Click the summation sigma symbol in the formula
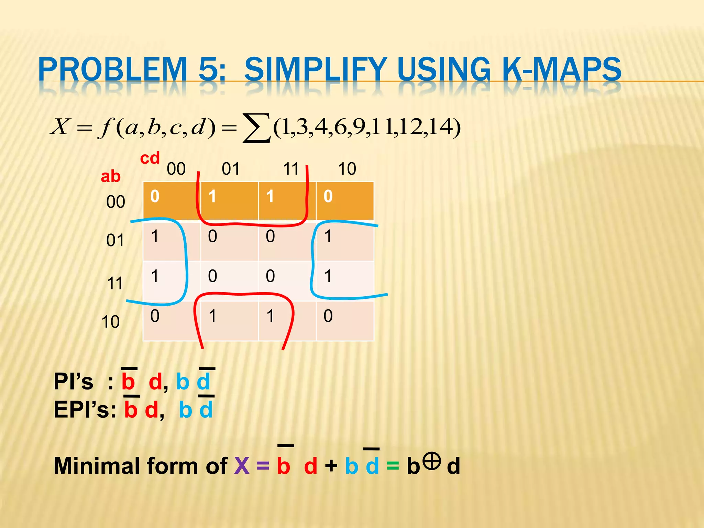tap(256, 128)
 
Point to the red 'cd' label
tap(150, 158)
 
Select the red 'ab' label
tap(110, 176)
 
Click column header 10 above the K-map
tap(347, 169)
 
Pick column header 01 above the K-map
tap(230, 169)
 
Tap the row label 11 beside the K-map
tap(115, 284)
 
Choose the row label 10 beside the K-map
tap(111, 322)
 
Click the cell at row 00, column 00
tap(172, 201)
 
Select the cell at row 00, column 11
tap(287, 201)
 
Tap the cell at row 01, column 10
tap(345, 241)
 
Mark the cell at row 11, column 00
tap(172, 280)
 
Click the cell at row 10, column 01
tap(229, 321)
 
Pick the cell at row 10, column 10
tap(345, 321)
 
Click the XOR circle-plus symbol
tap(432, 461)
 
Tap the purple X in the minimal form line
tap(242, 466)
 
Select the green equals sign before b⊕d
tap(393, 466)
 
